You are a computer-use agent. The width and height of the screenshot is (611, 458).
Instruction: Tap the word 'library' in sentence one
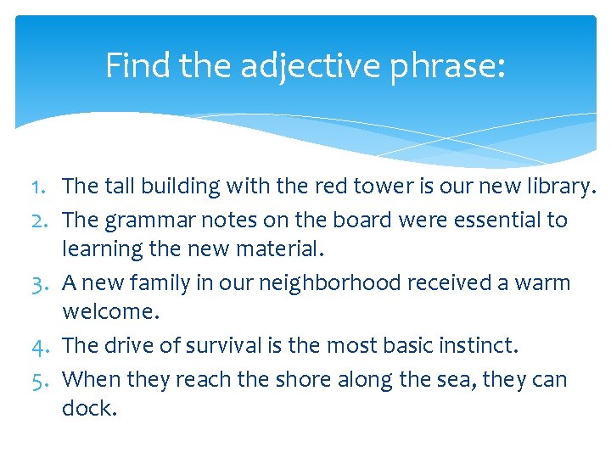click(x=555, y=186)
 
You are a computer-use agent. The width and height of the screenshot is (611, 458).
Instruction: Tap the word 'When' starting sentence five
click(x=90, y=379)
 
